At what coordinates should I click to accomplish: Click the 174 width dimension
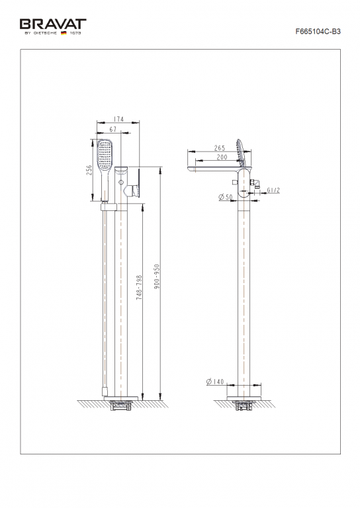point(119,120)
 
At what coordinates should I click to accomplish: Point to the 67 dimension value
point(113,129)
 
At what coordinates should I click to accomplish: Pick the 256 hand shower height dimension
point(89,170)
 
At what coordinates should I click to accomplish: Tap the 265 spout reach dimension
point(220,148)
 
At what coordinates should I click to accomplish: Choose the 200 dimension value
point(222,157)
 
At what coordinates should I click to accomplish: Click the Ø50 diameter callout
point(223,197)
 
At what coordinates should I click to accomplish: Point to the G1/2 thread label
point(274,190)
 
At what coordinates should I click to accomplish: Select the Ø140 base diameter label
point(216,382)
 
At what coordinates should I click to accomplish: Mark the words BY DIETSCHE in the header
point(41,32)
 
